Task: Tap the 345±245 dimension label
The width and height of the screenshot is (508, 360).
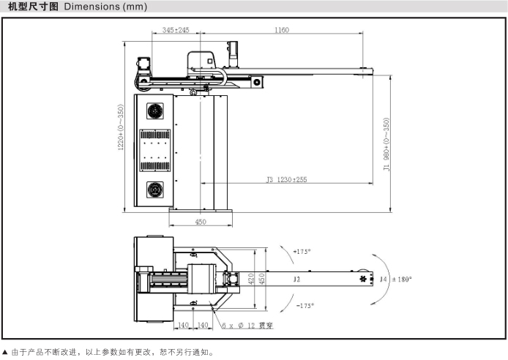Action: point(176,30)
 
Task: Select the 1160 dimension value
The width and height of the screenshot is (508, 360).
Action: point(282,30)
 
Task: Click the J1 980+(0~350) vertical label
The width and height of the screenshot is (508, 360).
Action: point(386,143)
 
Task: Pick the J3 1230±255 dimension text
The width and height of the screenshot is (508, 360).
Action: point(286,179)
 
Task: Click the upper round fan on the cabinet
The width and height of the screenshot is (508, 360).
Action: point(155,111)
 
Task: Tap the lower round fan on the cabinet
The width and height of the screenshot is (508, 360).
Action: point(155,190)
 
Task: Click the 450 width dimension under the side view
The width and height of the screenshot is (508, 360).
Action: point(201,222)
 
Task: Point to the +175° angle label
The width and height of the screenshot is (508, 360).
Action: point(302,252)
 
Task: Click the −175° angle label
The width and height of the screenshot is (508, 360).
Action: point(304,305)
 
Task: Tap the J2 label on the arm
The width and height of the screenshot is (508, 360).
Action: point(296,279)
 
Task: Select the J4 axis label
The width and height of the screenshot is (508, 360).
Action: point(382,279)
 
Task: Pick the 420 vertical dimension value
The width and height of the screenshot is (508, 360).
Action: point(251,279)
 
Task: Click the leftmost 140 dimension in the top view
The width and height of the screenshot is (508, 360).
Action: point(184,324)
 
